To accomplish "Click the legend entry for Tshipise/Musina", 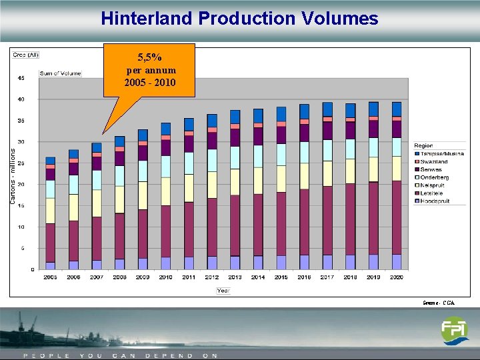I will tap(440, 154).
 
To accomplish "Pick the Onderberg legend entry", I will tap(434, 177).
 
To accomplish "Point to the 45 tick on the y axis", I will tap(21, 78).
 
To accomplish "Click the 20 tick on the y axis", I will tap(21, 185).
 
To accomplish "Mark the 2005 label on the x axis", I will tap(50, 277).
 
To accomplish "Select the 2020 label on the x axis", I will tap(397, 277).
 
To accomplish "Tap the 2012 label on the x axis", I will tap(212, 277).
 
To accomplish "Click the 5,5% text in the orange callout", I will tap(149, 58).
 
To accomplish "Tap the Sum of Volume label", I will tap(60, 73).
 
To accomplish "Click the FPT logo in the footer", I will tap(454, 331).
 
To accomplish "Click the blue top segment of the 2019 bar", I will tap(373, 109).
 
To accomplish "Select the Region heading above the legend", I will tap(423, 145).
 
